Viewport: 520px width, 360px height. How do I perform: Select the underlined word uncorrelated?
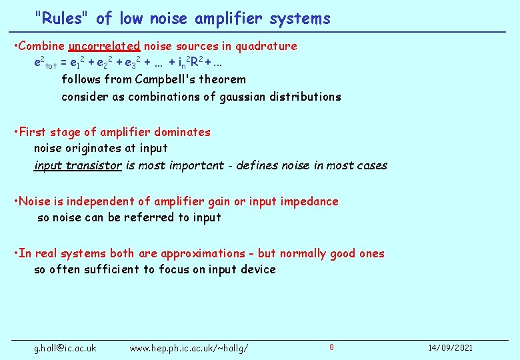[x=104, y=47]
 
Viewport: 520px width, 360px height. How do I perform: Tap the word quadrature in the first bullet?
[x=265, y=47]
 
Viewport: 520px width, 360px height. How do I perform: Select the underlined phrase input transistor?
[x=78, y=165]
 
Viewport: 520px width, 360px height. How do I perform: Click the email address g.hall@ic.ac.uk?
[x=65, y=348]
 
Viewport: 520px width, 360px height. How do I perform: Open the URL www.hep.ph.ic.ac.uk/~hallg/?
[x=189, y=348]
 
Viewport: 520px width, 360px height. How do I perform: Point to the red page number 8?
[x=331, y=347]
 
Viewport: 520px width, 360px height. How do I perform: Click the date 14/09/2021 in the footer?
[x=451, y=348]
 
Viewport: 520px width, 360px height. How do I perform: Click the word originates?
[x=91, y=148]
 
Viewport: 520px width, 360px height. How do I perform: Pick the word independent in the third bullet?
[x=98, y=201]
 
